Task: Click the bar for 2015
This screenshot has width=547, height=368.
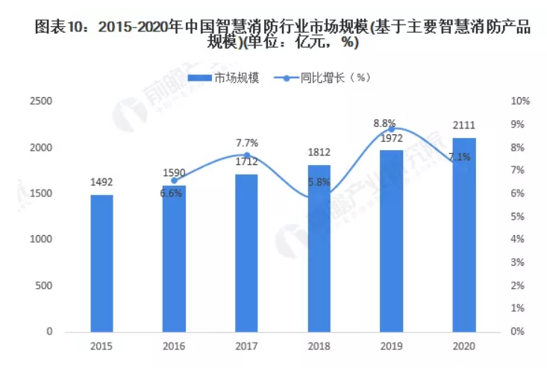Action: click(102, 263)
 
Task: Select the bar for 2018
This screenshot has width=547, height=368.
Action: click(319, 248)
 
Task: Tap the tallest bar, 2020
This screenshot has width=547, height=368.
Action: click(463, 234)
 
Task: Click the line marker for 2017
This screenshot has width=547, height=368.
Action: click(247, 155)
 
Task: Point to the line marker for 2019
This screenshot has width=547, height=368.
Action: click(391, 129)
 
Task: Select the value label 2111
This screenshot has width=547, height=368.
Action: click(463, 125)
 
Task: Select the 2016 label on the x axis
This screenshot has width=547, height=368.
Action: click(175, 346)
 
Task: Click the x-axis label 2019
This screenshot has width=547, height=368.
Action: click(391, 346)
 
